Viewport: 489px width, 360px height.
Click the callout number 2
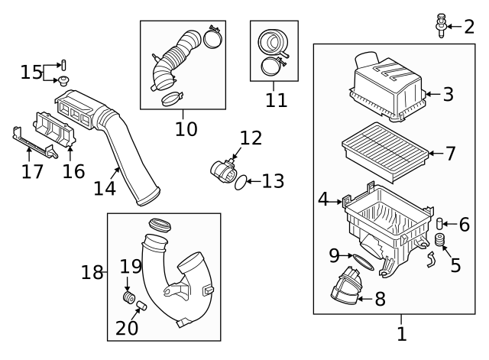click(x=468, y=28)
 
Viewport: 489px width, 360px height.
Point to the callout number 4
click(x=324, y=200)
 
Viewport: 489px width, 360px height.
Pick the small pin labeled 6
click(x=441, y=224)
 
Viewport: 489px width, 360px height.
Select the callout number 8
click(x=379, y=299)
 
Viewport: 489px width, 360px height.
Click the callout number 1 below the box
click(x=402, y=333)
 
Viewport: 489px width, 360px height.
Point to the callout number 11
click(x=274, y=100)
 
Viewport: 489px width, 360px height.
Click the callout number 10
click(x=186, y=128)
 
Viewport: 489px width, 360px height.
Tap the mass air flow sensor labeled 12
click(x=227, y=166)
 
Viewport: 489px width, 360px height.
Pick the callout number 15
click(x=31, y=73)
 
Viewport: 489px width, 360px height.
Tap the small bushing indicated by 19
click(x=129, y=297)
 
